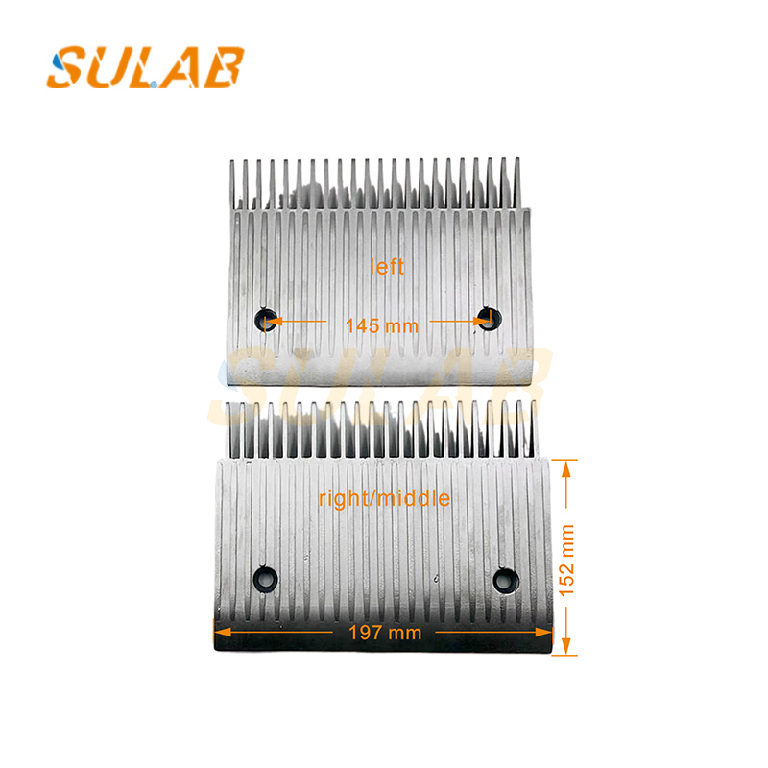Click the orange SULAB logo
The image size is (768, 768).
point(145,67)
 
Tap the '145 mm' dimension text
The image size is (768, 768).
point(382,325)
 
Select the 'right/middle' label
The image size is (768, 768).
point(384,499)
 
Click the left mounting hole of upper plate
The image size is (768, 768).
point(265,319)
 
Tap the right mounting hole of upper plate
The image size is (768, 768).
point(490,318)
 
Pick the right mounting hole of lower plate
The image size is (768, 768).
point(504,579)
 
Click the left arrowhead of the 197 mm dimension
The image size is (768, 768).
point(219,632)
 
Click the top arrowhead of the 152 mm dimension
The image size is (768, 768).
point(567,466)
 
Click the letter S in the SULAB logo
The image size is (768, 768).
point(68,67)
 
